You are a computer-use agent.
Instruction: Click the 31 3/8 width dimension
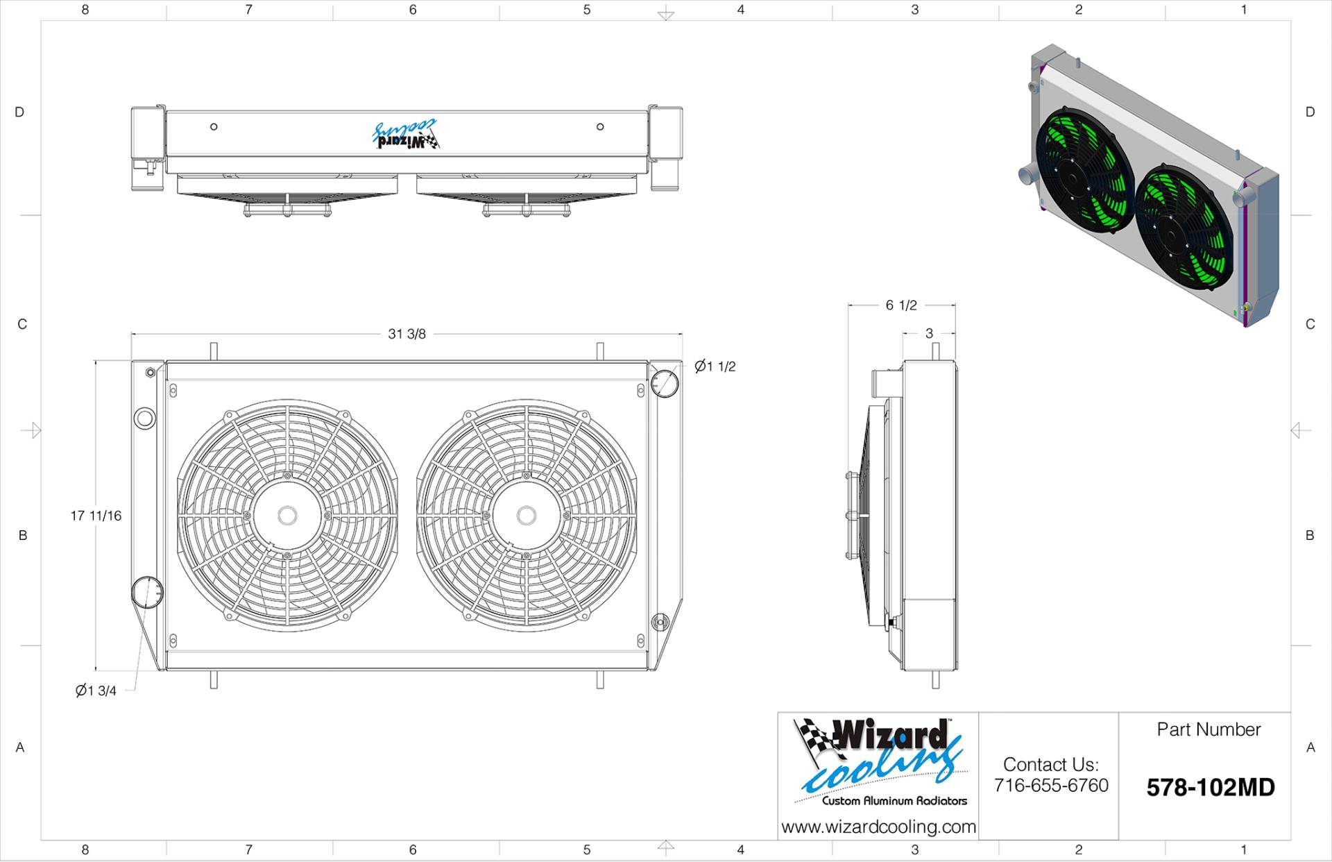click(407, 334)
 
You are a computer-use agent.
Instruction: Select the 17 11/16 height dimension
click(96, 516)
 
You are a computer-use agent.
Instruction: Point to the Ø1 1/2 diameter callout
click(715, 366)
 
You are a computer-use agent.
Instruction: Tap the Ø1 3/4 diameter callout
click(96, 691)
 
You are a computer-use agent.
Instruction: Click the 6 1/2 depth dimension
click(901, 305)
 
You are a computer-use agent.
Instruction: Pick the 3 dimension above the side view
click(929, 334)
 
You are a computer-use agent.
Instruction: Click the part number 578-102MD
click(1211, 788)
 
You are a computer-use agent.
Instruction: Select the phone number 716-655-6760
click(1051, 786)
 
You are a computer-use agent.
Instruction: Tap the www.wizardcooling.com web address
click(878, 827)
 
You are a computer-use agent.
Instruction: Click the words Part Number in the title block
click(1209, 729)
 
